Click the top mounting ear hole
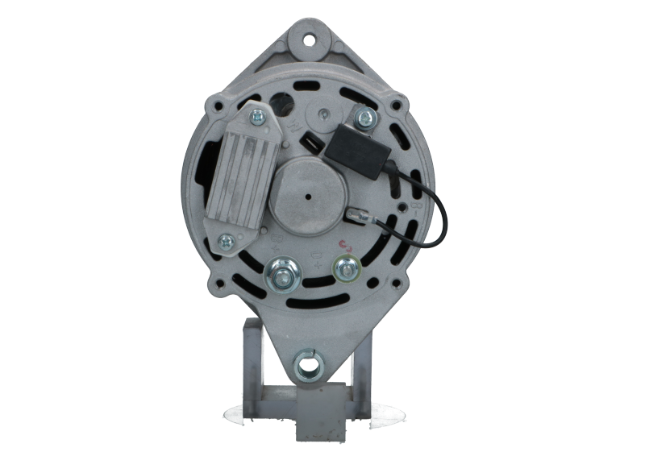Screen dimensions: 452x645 [310, 37]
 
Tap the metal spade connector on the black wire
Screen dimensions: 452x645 [356, 214]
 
